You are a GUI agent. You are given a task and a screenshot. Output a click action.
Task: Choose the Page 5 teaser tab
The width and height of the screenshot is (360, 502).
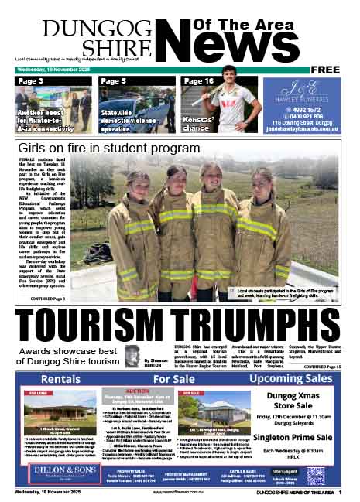point(113,81)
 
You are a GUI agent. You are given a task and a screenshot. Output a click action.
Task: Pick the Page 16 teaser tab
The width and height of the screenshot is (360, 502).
point(198,81)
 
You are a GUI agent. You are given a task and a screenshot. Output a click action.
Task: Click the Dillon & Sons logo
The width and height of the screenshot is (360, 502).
point(58,473)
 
